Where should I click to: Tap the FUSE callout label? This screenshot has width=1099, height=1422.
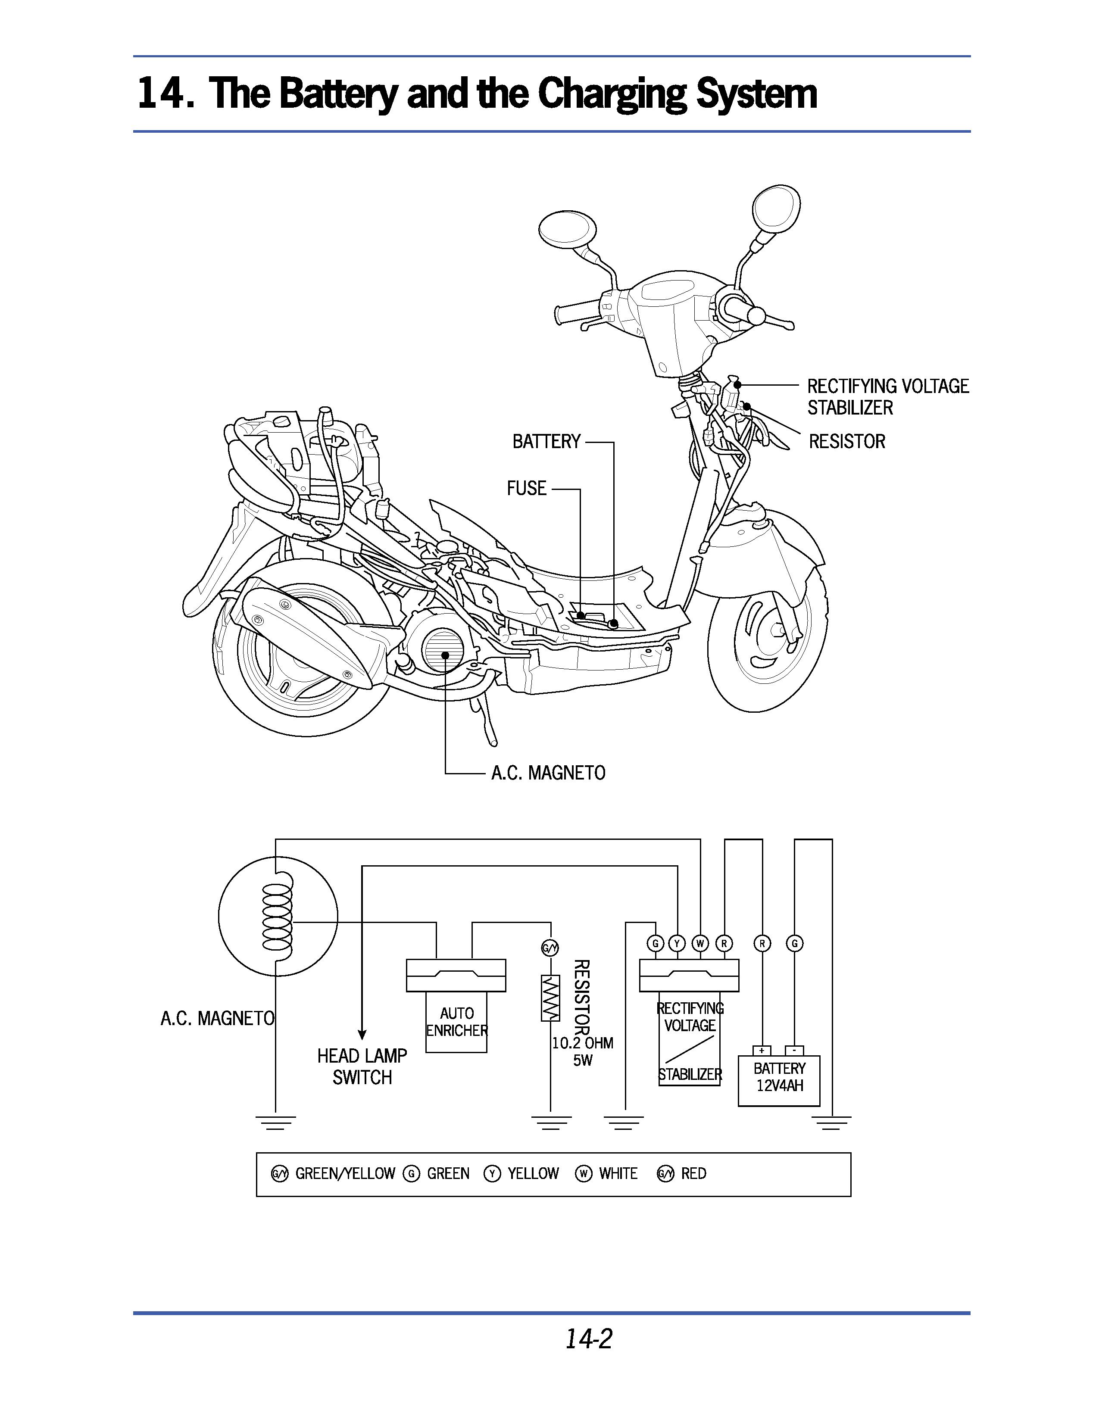(x=526, y=488)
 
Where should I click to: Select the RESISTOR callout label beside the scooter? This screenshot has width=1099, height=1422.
(x=846, y=441)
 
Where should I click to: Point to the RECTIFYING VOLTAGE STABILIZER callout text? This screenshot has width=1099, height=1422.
(x=887, y=396)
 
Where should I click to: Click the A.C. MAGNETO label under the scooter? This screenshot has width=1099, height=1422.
(x=548, y=773)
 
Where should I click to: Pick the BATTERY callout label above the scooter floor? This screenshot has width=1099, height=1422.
(x=546, y=441)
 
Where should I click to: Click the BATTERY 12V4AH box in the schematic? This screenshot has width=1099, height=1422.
(x=779, y=1080)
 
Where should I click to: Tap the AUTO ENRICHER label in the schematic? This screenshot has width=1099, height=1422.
(x=456, y=1022)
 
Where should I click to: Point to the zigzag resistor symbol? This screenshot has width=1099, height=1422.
(x=550, y=998)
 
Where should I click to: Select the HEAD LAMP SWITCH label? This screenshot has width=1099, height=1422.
(x=362, y=1066)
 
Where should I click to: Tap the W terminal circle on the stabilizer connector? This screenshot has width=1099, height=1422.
(x=700, y=943)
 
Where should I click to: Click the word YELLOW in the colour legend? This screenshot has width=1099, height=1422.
(x=533, y=1173)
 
